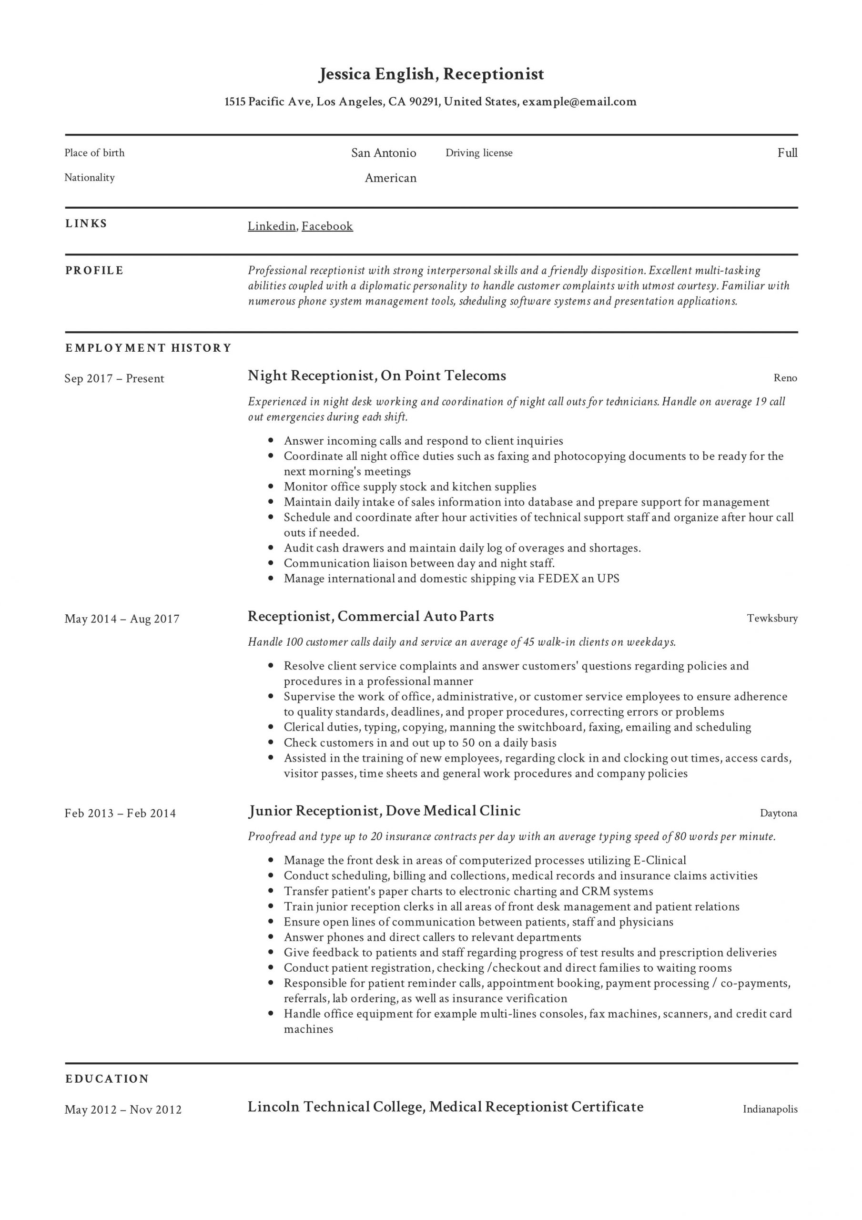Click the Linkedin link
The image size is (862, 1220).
(x=272, y=226)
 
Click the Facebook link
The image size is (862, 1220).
(x=327, y=226)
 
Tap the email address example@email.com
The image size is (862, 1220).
(x=579, y=102)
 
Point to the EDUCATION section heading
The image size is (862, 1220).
(x=107, y=1078)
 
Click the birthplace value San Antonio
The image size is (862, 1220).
(x=383, y=153)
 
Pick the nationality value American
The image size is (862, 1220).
(x=390, y=178)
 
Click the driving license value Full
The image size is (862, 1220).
(x=787, y=153)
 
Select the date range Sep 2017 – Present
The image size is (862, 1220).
(x=114, y=379)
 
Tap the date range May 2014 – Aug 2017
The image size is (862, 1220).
(x=122, y=619)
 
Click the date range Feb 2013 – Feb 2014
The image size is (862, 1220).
(x=120, y=813)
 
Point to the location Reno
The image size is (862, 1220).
(x=785, y=378)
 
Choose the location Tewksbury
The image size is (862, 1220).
(x=771, y=619)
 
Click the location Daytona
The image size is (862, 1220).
(x=778, y=813)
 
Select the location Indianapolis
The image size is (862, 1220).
(x=770, y=1109)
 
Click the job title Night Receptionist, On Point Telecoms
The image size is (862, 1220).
(x=377, y=376)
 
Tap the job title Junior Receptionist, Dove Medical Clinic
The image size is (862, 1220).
(x=384, y=811)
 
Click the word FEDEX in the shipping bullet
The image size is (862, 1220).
(x=558, y=579)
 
